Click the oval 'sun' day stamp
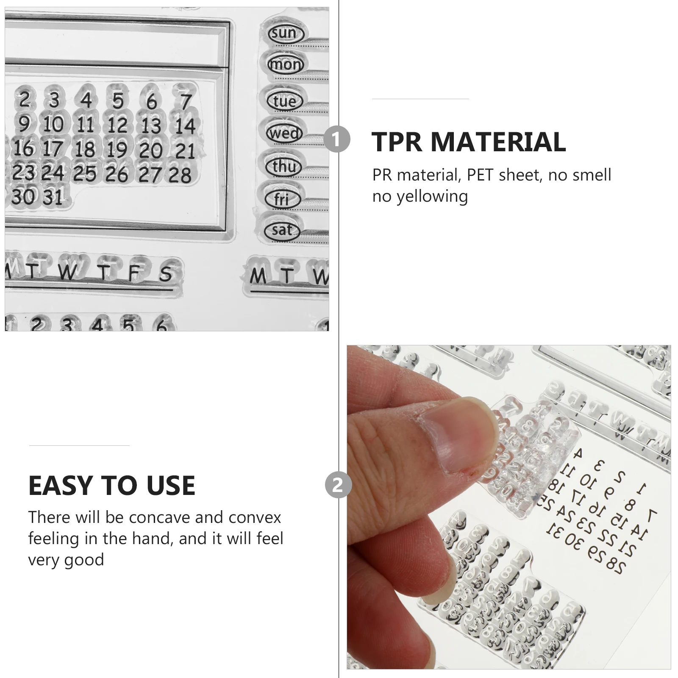(x=284, y=33)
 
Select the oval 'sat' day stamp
(x=282, y=231)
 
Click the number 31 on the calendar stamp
(x=53, y=197)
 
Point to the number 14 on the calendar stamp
(x=185, y=126)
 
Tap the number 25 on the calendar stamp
(x=85, y=174)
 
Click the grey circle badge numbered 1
(x=336, y=139)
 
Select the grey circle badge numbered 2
(x=338, y=485)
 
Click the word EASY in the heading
(x=60, y=485)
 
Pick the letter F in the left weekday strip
(x=134, y=273)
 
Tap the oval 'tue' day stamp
(x=284, y=101)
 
